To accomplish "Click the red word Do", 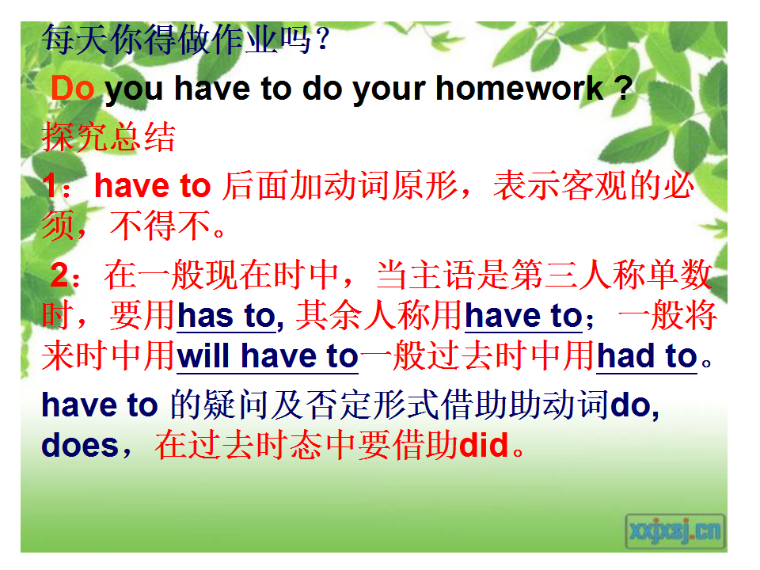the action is click(x=73, y=88).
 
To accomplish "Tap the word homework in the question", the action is click(x=519, y=88).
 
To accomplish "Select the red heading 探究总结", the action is click(x=108, y=137).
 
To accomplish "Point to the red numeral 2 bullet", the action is click(x=60, y=275).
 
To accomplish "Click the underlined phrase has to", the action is click(x=226, y=316).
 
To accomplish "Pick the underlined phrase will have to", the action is click(x=268, y=356).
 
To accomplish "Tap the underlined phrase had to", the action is click(x=647, y=356).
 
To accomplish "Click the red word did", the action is click(x=484, y=445).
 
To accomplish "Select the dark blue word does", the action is click(x=80, y=445).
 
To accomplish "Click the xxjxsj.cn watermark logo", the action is click(x=675, y=531).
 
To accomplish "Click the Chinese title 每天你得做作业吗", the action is click(x=177, y=40).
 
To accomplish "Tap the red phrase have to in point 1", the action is click(x=152, y=185).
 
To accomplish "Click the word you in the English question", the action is click(x=134, y=90).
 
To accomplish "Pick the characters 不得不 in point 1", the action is click(x=161, y=226).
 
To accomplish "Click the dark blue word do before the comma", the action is click(x=630, y=405).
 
